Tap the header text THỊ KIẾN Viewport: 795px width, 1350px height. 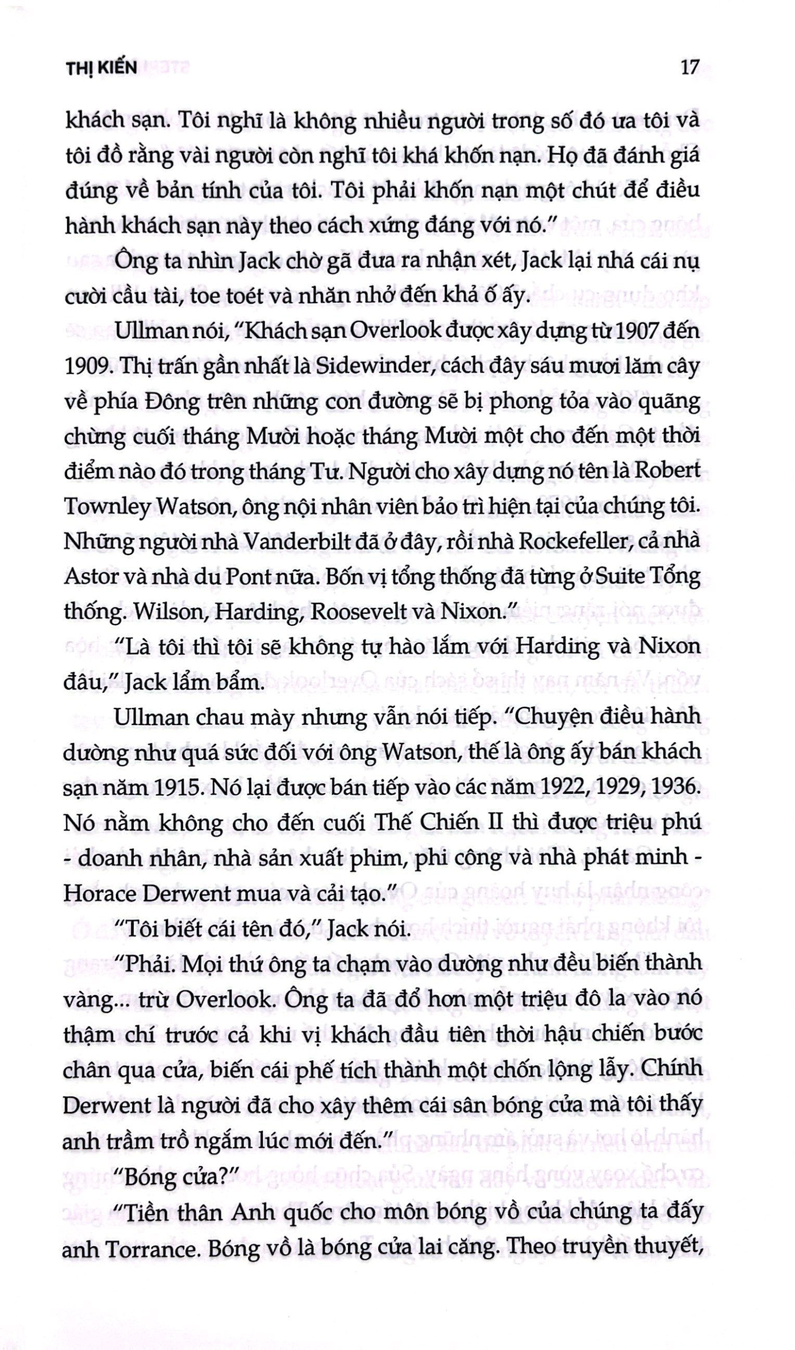(101, 68)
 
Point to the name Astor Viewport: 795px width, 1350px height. (86, 577)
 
